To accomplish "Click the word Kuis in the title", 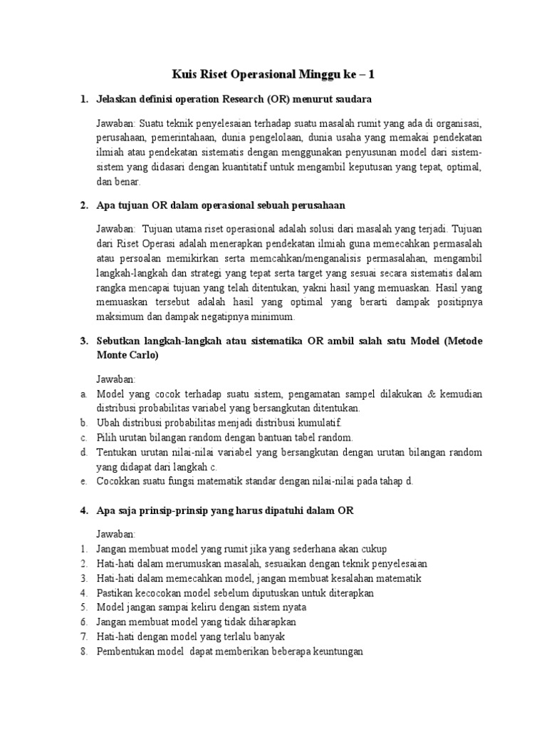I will (x=186, y=73).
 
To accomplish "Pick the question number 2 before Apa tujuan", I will (x=83, y=205).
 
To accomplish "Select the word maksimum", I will (x=120, y=317).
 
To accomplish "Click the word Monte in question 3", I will (x=119, y=355).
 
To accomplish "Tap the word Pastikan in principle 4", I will (x=116, y=592).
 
